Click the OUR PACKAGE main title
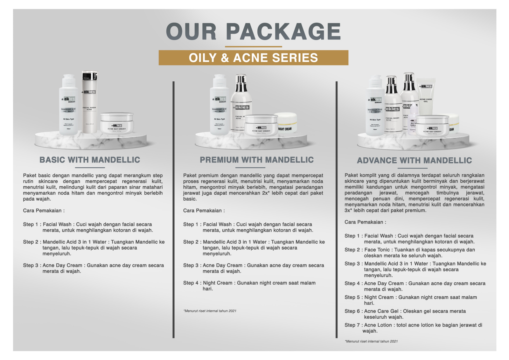pos(253,31)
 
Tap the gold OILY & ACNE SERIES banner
pos(253,58)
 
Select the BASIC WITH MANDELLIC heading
pos(90,160)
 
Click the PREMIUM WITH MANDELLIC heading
pos(256,160)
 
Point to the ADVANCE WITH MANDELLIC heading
pos(414,160)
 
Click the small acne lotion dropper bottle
pos(413,121)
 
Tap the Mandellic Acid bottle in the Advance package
pos(375,107)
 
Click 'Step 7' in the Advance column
pos(352,325)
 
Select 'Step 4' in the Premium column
pos(191,283)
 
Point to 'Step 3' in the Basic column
pos(31,265)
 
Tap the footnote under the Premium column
pos(210,311)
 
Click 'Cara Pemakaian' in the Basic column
pos(44,211)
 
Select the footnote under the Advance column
pos(371,341)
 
